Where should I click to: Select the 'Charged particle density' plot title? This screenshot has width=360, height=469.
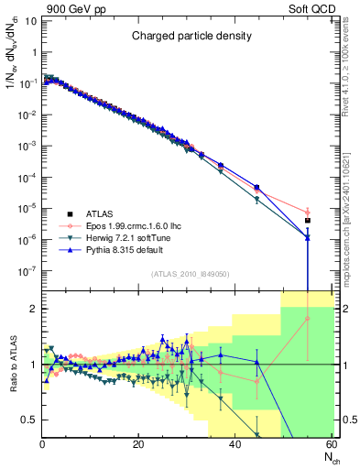pos(190,37)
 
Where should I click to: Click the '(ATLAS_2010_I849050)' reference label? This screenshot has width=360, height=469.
pos(190,273)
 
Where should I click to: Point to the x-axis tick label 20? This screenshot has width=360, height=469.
pos(137,446)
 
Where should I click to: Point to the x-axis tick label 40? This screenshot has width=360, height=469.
pos(234,446)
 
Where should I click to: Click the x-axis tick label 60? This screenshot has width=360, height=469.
pos(330,446)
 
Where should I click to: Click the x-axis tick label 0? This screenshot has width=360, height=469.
pos(42,446)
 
